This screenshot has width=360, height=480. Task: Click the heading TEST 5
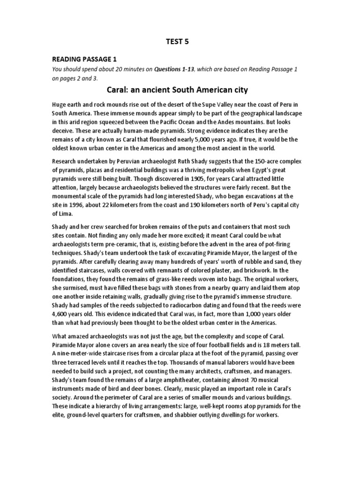pyautogui.click(x=180, y=41)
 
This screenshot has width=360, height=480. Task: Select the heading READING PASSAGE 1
pyautogui.click(x=84, y=60)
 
